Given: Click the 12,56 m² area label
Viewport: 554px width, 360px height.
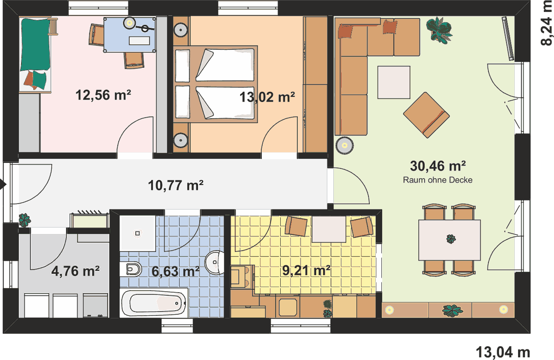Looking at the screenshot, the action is [103, 95].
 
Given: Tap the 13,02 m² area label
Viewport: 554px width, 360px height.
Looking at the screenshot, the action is [267, 97].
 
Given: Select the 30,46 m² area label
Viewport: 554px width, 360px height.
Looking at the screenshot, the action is [438, 166].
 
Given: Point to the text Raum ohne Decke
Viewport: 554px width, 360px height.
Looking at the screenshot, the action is [438, 180].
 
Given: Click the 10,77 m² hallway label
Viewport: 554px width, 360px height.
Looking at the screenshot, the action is [175, 186].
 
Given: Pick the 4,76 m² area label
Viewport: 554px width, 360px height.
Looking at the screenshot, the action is [75, 271].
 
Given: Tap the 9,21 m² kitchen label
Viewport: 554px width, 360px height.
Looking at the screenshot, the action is [306, 271].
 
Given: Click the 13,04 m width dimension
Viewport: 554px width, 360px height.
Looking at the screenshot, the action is [503, 352].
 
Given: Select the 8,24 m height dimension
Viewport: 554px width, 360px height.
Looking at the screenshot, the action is [547, 23].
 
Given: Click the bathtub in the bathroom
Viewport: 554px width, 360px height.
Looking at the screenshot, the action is [154, 303].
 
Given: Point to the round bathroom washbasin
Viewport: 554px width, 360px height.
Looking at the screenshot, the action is [214, 262].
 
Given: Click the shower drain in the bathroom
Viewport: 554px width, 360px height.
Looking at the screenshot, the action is [138, 233].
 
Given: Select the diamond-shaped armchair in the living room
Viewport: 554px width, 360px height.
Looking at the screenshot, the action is [427, 115].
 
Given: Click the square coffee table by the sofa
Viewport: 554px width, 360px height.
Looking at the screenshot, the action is [394, 82].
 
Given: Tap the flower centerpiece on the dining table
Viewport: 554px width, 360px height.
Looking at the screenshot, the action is [451, 239].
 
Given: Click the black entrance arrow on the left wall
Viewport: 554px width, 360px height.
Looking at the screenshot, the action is [3, 184].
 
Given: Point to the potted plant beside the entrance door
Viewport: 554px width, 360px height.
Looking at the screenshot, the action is [25, 220].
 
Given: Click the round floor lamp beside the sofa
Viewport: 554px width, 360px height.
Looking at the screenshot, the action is [344, 146].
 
